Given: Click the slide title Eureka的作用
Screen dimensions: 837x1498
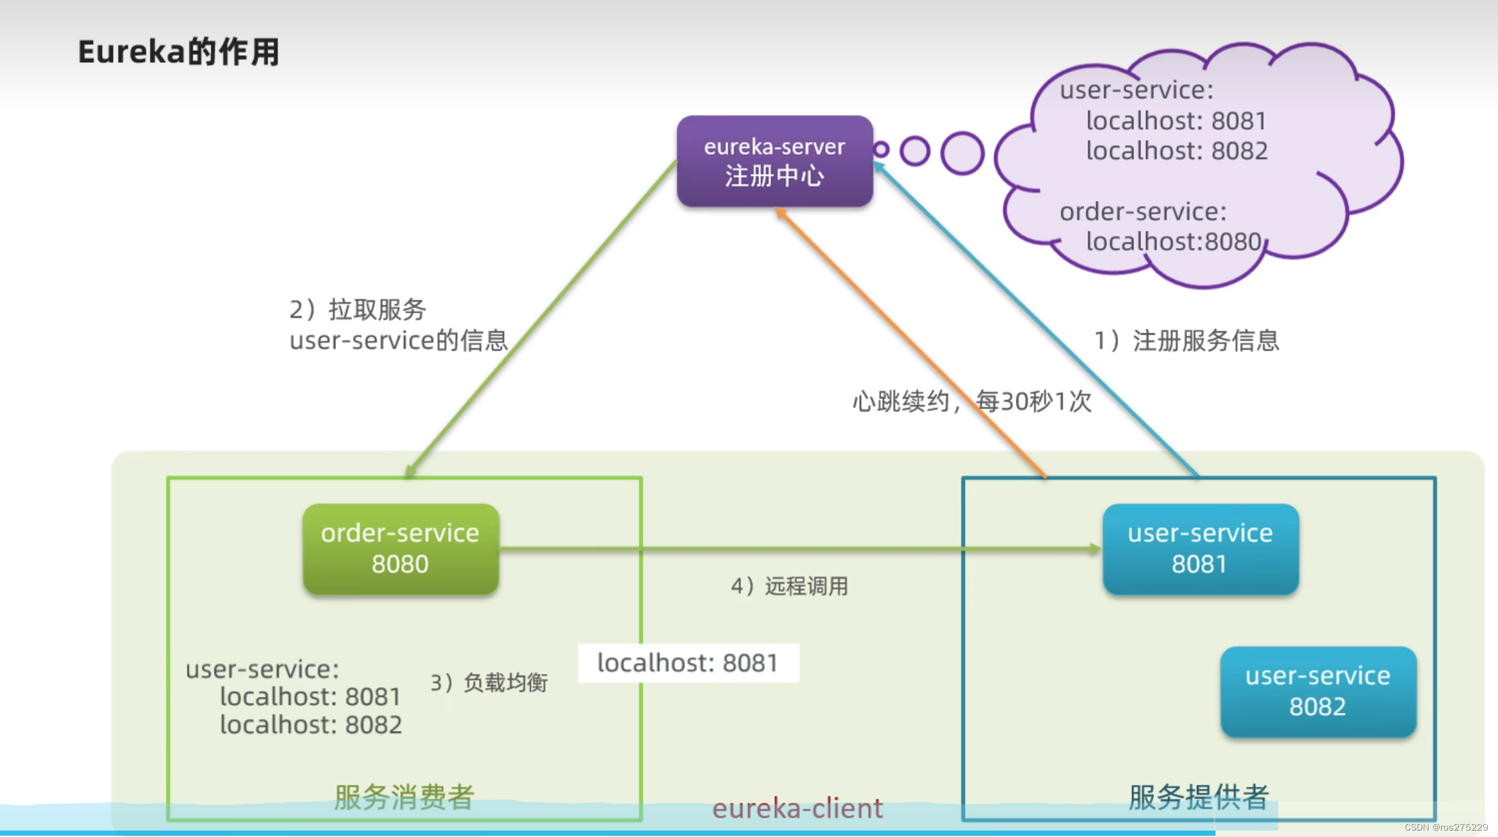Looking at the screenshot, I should click(x=179, y=52).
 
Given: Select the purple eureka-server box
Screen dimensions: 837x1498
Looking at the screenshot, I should click(x=774, y=161).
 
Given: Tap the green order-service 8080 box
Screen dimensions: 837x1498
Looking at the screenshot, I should click(x=401, y=549).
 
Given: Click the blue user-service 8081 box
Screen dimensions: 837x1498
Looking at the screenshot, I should click(x=1200, y=549).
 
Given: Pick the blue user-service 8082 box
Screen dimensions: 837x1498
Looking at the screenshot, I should click(x=1318, y=691).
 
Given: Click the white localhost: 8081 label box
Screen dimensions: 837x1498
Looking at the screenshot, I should click(x=688, y=663).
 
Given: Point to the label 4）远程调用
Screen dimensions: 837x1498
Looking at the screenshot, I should click(x=789, y=586).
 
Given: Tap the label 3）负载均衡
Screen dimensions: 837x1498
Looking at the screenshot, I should click(x=489, y=682).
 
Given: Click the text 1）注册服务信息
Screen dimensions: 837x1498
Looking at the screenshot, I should click(x=1187, y=340).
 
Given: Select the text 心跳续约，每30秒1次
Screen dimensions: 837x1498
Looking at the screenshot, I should click(x=971, y=401).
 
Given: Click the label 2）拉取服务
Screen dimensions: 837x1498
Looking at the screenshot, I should click(x=358, y=310).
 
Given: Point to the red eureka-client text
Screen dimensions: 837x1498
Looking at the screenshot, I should click(x=797, y=808).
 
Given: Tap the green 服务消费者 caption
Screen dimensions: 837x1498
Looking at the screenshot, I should click(x=404, y=797).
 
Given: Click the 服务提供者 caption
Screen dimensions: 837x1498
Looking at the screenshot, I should click(x=1199, y=797).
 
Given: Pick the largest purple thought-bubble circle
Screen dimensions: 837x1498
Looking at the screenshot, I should click(x=962, y=153).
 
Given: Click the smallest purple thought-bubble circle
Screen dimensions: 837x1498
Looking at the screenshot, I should click(x=882, y=150).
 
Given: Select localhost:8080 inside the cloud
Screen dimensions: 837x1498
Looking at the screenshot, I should click(x=1174, y=242).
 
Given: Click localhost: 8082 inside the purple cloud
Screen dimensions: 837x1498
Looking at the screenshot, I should click(x=1176, y=151).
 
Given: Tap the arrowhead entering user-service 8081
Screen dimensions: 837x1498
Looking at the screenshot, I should click(x=1095, y=549).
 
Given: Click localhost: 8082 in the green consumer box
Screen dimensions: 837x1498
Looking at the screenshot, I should click(x=311, y=725).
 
